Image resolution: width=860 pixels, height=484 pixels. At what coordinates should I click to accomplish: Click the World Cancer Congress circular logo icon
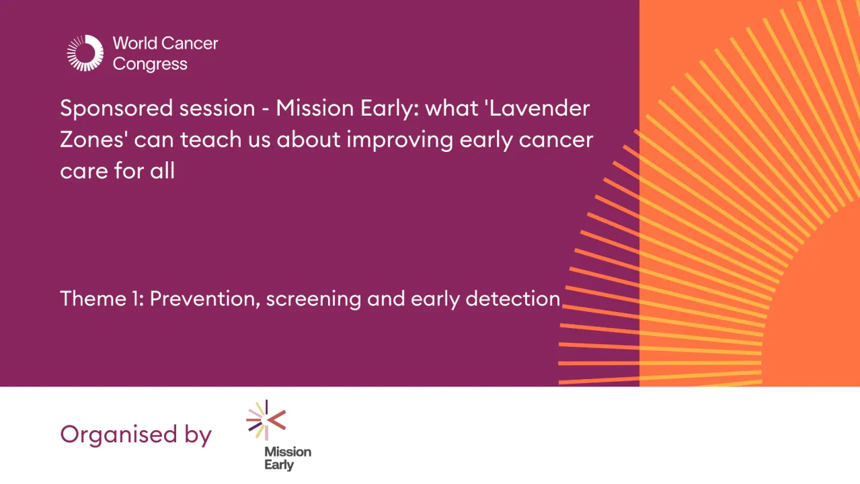pyautogui.click(x=85, y=53)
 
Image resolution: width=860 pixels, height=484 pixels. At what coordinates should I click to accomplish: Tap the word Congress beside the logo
pyautogui.click(x=150, y=65)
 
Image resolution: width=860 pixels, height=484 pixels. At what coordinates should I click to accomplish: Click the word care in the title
pyautogui.click(x=82, y=171)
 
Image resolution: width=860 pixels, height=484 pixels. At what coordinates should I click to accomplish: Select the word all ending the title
pyautogui.click(x=161, y=170)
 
